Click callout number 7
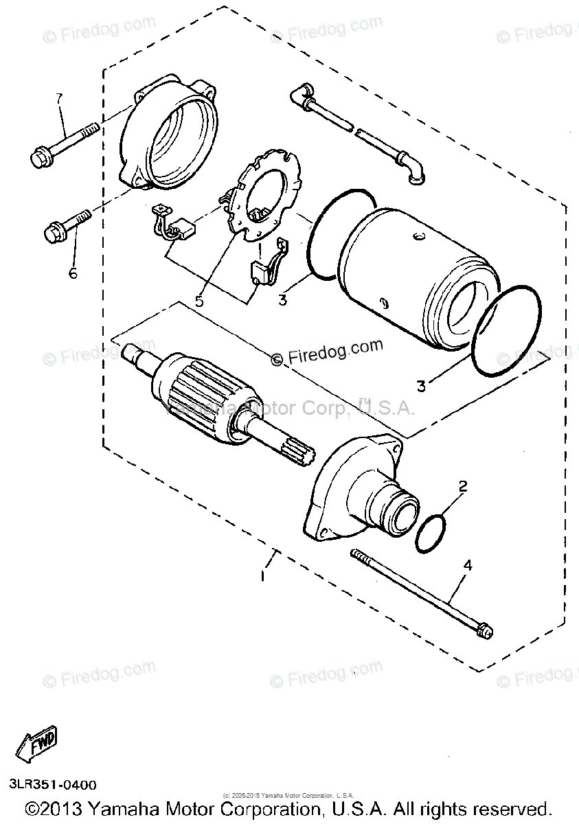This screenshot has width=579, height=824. click(x=59, y=99)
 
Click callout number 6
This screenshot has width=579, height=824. click(x=72, y=273)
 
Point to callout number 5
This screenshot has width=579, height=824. click(x=200, y=300)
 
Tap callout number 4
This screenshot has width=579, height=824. click(x=468, y=566)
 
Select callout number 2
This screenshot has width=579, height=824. click(x=463, y=487)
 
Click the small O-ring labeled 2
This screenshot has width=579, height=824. click(x=431, y=534)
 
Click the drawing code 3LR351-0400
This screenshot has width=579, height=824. click(x=53, y=784)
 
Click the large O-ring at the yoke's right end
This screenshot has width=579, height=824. click(x=507, y=332)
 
